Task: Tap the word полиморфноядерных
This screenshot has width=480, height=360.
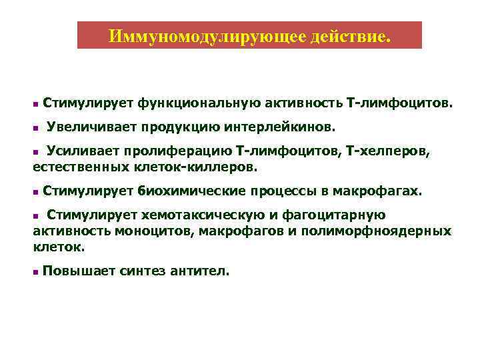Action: coord(377,231)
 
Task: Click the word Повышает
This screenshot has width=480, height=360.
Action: coord(77,271)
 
